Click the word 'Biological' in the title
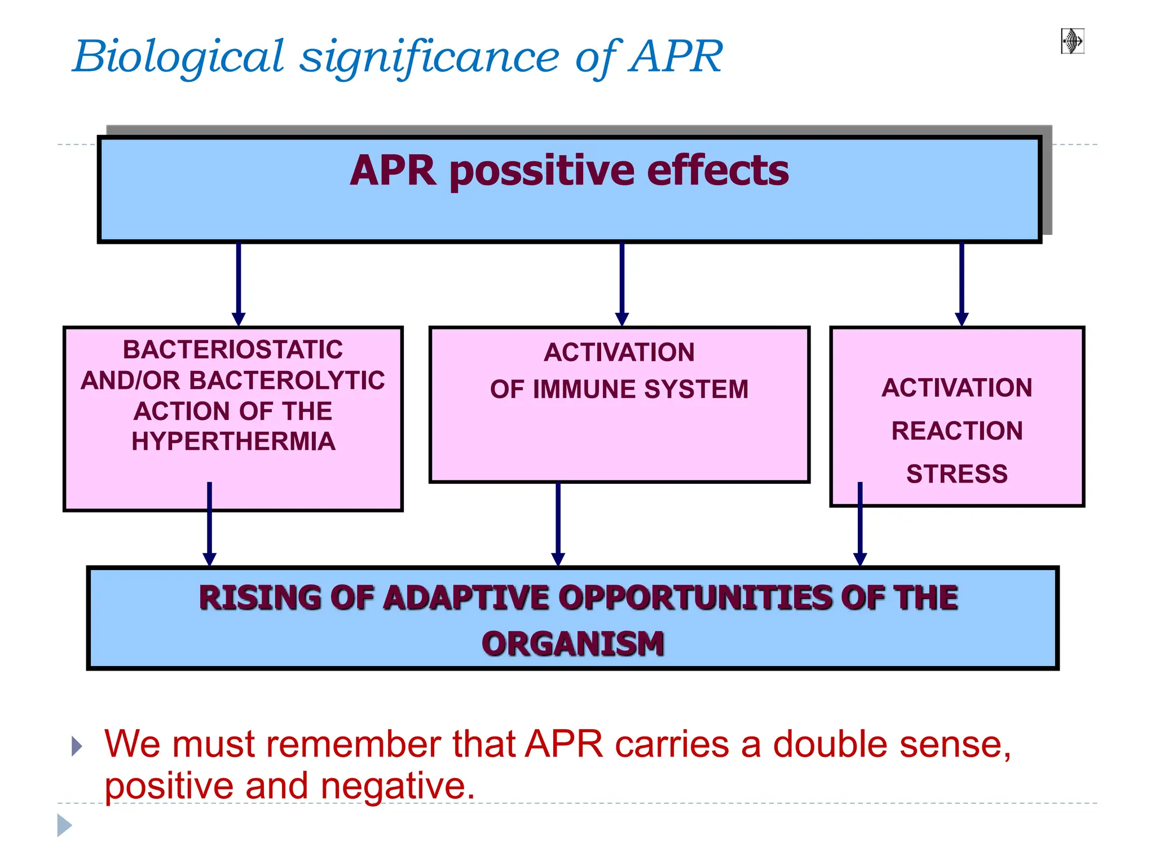pyautogui.click(x=179, y=58)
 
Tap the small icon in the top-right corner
pyautogui.click(x=1072, y=41)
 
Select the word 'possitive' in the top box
pyautogui.click(x=543, y=171)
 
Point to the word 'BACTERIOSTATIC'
pyautogui.click(x=233, y=349)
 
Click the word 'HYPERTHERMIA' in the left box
pyautogui.click(x=233, y=441)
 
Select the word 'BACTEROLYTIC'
pyautogui.click(x=287, y=380)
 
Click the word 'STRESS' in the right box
pyautogui.click(x=956, y=474)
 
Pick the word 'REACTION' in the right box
pyautogui.click(x=956, y=431)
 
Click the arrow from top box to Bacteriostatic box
pyautogui.click(x=239, y=282)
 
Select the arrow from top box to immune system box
pyautogui.click(x=621, y=282)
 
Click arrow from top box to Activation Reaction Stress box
pyautogui.click(x=962, y=282)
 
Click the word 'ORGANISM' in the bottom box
pyautogui.click(x=573, y=644)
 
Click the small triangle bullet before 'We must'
pyautogui.click(x=77, y=746)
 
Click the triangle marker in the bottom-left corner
pyautogui.click(x=64, y=825)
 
